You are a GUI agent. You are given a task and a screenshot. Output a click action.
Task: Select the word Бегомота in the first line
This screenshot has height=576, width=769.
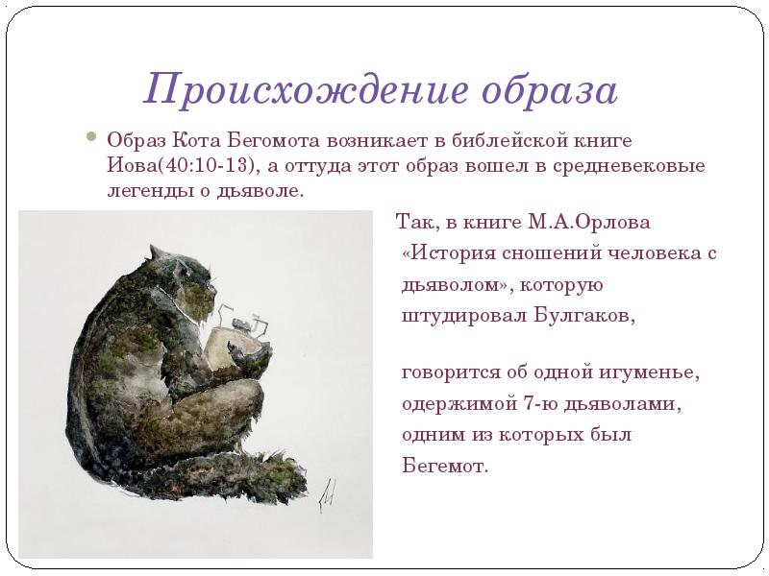coord(263,141)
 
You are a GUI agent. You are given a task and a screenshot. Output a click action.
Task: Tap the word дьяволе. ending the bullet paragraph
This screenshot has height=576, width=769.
coord(269,190)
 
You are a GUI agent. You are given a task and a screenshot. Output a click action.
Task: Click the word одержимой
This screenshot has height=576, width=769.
coord(455,404)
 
